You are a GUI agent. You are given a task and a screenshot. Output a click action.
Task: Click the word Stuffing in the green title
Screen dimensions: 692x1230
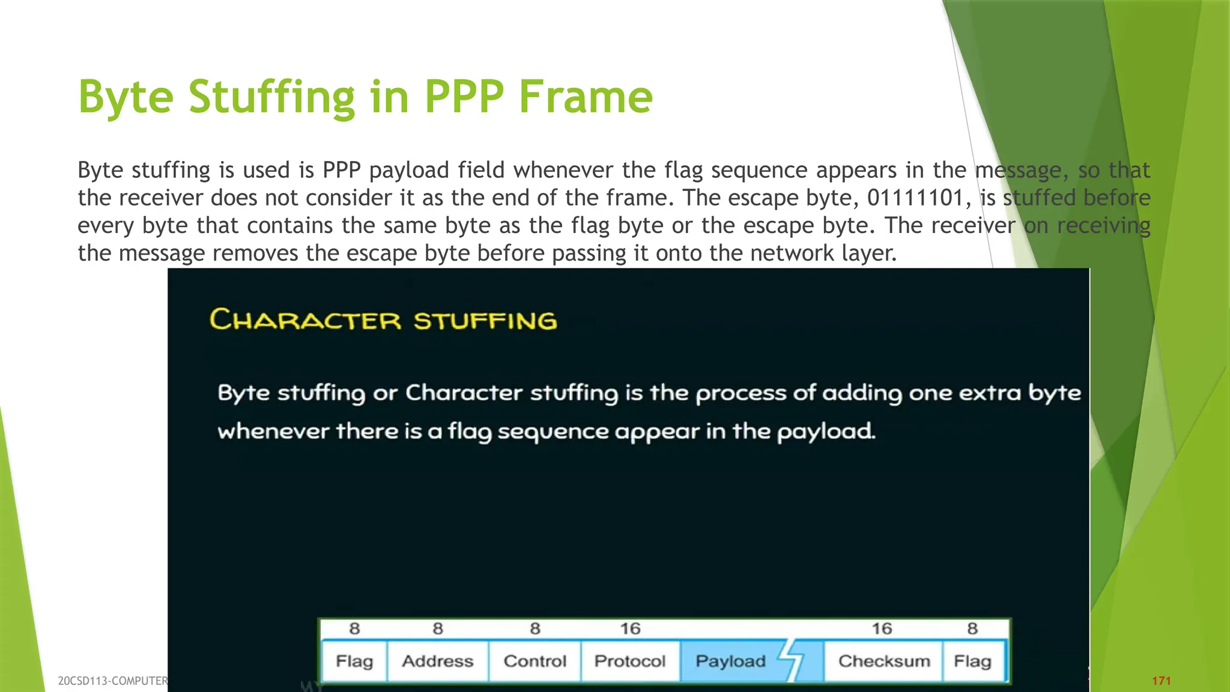[x=271, y=97]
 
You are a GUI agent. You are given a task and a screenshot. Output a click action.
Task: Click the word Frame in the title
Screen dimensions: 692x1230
[x=586, y=97]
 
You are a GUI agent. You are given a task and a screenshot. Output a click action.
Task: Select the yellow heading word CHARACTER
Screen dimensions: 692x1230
[x=305, y=320]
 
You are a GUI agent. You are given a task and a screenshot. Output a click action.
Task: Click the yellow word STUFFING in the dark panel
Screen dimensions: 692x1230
[x=485, y=321]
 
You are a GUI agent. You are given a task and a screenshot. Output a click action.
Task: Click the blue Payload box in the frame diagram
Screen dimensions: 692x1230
[x=730, y=661]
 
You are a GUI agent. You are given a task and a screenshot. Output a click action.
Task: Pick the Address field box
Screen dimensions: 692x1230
[x=437, y=661]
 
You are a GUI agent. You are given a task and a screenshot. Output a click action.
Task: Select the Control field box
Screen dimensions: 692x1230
[x=535, y=661]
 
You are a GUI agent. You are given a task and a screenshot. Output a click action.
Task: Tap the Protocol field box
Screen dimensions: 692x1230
[x=630, y=661]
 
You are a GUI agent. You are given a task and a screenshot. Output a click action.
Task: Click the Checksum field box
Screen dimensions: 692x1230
[x=884, y=661]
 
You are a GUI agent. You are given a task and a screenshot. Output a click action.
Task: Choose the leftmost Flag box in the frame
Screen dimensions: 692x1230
[x=354, y=661]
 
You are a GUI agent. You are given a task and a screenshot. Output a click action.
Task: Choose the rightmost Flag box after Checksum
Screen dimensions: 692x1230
[x=972, y=661]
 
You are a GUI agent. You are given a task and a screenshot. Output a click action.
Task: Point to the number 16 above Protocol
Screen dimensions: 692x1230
[x=630, y=629]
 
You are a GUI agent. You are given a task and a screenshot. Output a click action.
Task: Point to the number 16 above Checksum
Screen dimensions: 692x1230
[x=882, y=629]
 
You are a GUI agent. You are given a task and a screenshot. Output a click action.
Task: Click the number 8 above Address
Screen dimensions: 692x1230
[x=438, y=629]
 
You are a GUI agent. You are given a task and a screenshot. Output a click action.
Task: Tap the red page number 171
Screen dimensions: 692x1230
[x=1162, y=681]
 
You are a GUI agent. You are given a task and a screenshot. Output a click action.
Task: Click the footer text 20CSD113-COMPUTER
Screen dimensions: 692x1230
[x=112, y=681]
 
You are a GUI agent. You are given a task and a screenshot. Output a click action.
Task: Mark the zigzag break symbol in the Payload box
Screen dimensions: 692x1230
[x=793, y=660]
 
